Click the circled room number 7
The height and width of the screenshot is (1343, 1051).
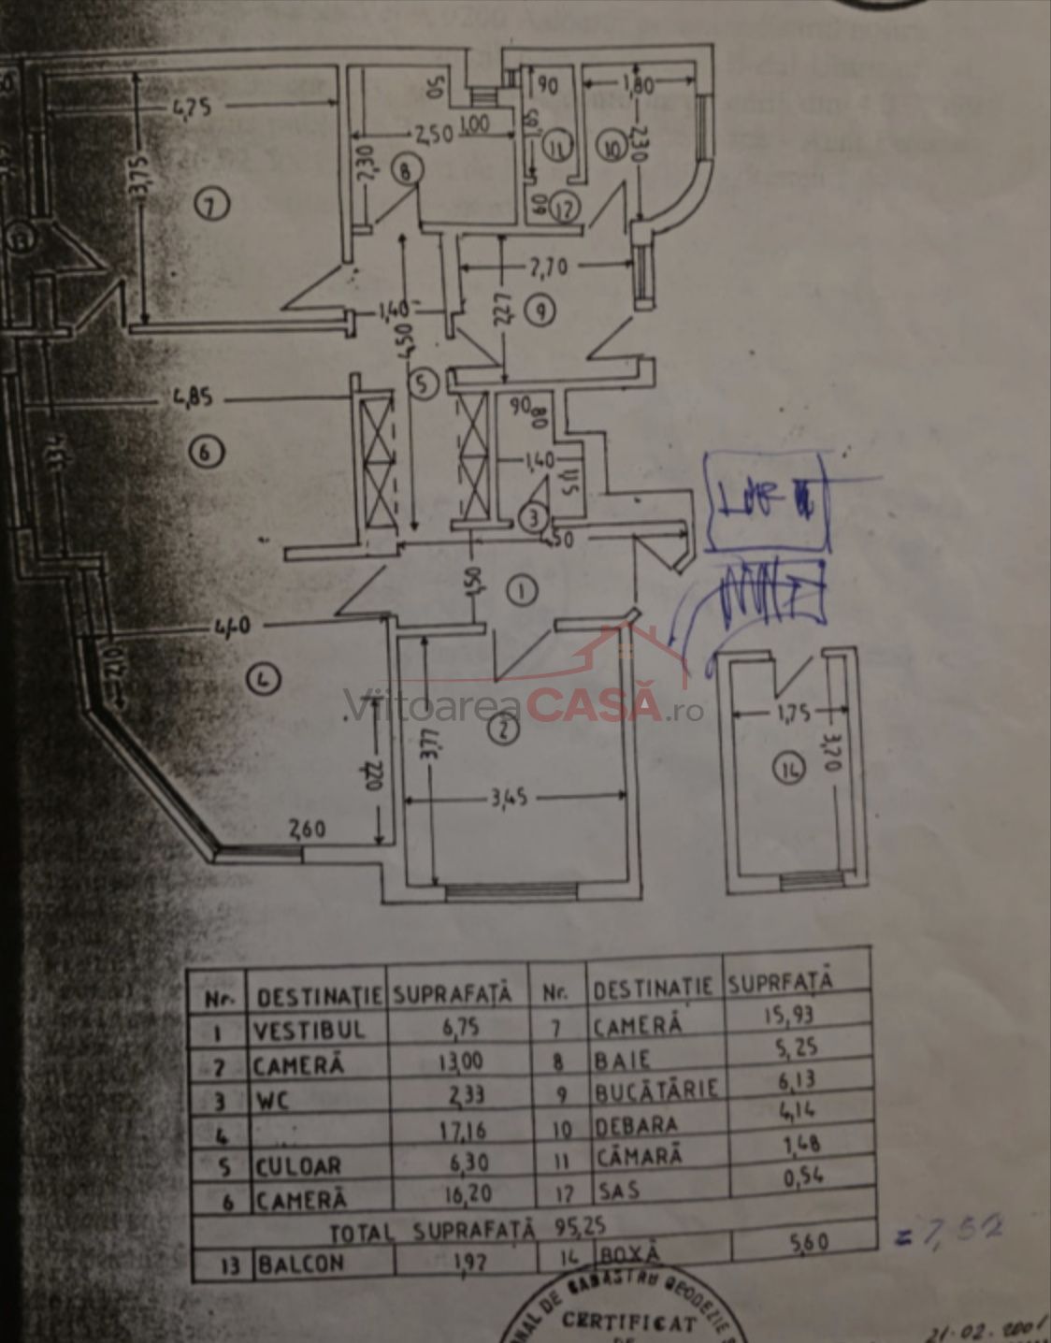[214, 207]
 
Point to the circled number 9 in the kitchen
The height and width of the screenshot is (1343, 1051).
[539, 311]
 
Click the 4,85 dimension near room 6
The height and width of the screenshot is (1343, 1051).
[191, 397]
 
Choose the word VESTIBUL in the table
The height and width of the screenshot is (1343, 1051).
[308, 1030]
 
